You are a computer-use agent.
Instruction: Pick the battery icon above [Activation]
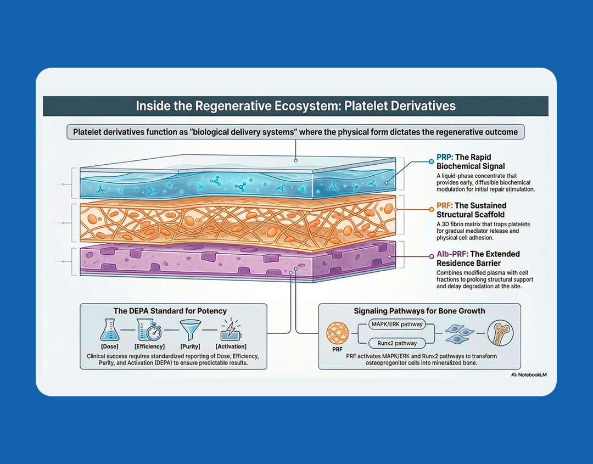pyautogui.click(x=231, y=332)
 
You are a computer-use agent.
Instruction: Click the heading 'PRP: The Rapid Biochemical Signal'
pyautogui.click(x=471, y=161)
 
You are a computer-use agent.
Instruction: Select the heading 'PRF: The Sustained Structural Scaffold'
pyautogui.click(x=472, y=210)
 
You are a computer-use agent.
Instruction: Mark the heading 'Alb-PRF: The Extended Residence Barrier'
pyautogui.click(x=478, y=258)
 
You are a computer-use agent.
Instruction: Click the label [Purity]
pyautogui.click(x=189, y=346)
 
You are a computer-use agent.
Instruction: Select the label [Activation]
pyautogui.click(x=231, y=346)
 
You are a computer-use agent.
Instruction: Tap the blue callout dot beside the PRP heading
pyautogui.click(x=432, y=162)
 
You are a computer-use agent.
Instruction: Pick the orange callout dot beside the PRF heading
pyautogui.click(x=432, y=210)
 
